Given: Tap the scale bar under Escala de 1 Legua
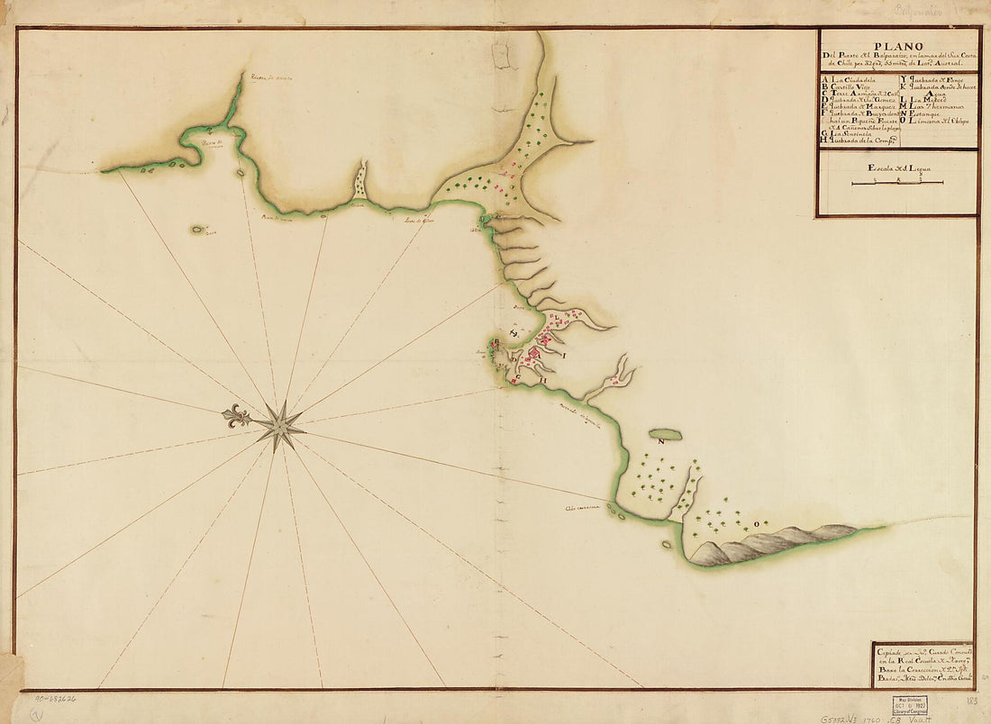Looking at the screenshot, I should coord(897,183).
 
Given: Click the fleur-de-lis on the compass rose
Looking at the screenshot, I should coord(237,417).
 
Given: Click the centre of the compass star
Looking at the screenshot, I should coord(279,424).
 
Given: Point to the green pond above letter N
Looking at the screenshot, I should coord(665,434).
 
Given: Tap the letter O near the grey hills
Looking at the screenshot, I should coord(742,521).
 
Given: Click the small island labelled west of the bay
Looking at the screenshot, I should coord(197,230).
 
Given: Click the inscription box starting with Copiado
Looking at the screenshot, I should coord(923,665).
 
